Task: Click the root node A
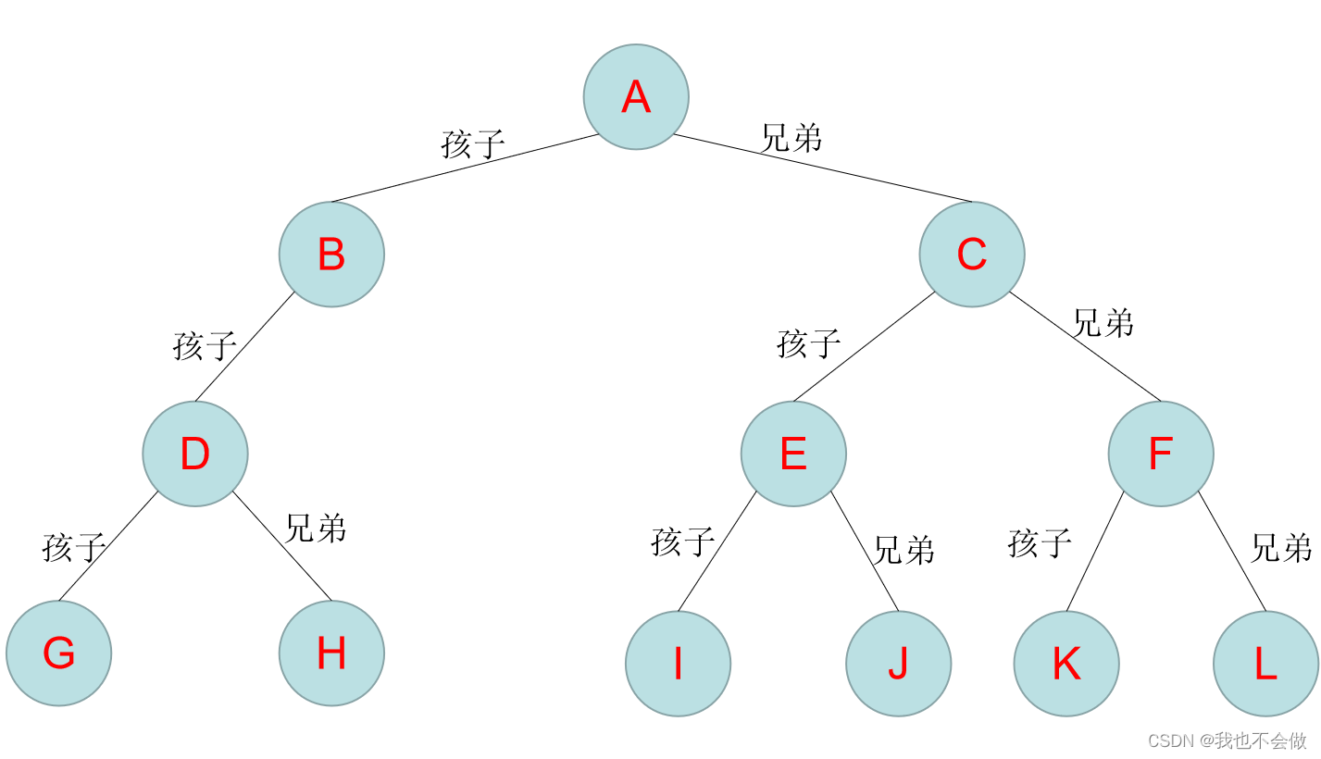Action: pyautogui.click(x=636, y=96)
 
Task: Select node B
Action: pyautogui.click(x=331, y=255)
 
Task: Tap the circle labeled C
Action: pyautogui.click(x=972, y=255)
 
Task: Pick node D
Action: pyautogui.click(x=195, y=454)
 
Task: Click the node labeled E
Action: pyautogui.click(x=793, y=454)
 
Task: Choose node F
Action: pyautogui.click(x=1161, y=454)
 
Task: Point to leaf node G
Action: pyautogui.click(x=58, y=653)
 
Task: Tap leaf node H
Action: pyautogui.click(x=331, y=653)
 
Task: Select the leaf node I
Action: pyautogui.click(x=678, y=664)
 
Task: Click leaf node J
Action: pyautogui.click(x=898, y=664)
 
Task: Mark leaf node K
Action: pyautogui.click(x=1066, y=664)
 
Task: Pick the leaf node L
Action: pyautogui.click(x=1265, y=664)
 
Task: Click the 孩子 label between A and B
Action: pyautogui.click(x=473, y=144)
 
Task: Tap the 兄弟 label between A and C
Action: pyautogui.click(x=791, y=138)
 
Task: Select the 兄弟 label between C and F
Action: pyautogui.click(x=1103, y=323)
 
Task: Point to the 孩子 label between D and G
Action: pyautogui.click(x=73, y=547)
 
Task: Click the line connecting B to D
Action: pyautogui.click(x=245, y=347)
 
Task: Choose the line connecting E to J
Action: pyautogui.click(x=865, y=551)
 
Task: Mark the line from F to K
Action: pyautogui.click(x=1095, y=551)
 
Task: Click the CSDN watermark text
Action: pyautogui.click(x=1228, y=740)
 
